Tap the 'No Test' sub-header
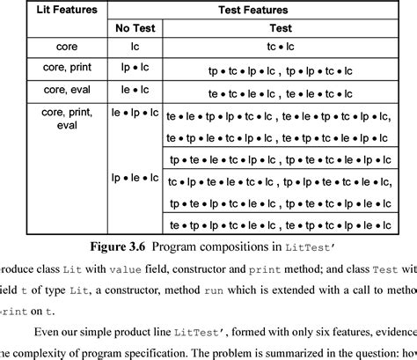135,28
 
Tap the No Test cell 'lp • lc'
135,67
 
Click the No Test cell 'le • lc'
135,89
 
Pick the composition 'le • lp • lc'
135,114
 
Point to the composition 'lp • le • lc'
135,178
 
